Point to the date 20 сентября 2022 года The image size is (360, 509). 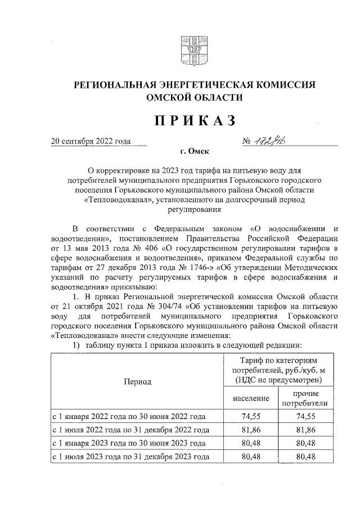tap(91, 141)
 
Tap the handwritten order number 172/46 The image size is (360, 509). tap(276, 141)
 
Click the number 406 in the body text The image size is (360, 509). tap(148, 248)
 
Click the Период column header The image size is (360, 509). tap(137, 381)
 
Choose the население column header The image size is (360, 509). tap(247, 398)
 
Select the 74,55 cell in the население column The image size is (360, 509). tap(247, 417)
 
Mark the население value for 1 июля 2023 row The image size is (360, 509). tap(247, 457)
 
